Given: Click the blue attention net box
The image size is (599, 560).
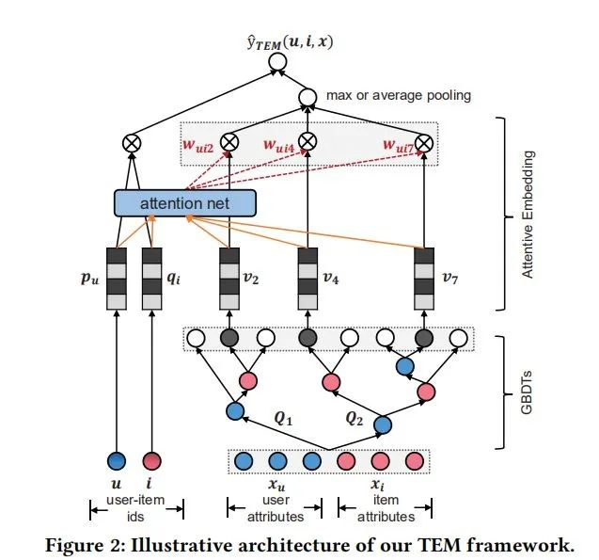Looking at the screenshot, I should coord(184,202).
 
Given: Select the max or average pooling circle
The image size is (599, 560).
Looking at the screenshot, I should coord(307,96).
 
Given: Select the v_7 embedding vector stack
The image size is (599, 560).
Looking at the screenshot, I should coord(424,280).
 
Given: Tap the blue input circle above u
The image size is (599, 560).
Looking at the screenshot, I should coord(117,461).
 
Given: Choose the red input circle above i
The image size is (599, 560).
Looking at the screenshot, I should coord(152,461).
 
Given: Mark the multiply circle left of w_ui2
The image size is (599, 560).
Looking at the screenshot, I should coord(131,144).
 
